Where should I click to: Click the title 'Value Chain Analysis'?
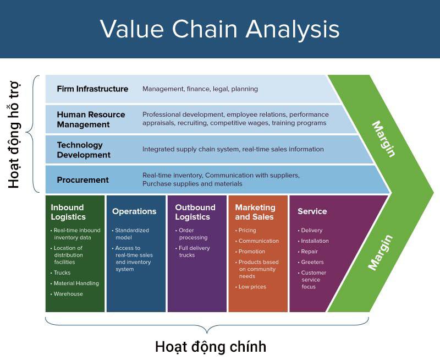219,29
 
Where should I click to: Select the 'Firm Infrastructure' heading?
92,89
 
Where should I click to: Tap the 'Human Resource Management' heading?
91,119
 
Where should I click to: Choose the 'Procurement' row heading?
82,180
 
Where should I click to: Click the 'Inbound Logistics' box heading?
68,212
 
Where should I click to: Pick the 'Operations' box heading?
134,211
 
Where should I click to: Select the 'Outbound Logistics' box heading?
195,212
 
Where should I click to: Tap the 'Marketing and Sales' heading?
255,212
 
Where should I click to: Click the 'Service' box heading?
312,211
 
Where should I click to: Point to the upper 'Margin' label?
383,138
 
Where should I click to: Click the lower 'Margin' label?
381,252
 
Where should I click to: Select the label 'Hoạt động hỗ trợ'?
14,135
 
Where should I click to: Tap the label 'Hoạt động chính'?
211,347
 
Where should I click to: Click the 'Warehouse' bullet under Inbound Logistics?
68,294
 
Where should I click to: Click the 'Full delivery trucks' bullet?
194,252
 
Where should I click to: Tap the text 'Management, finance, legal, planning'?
200,89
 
